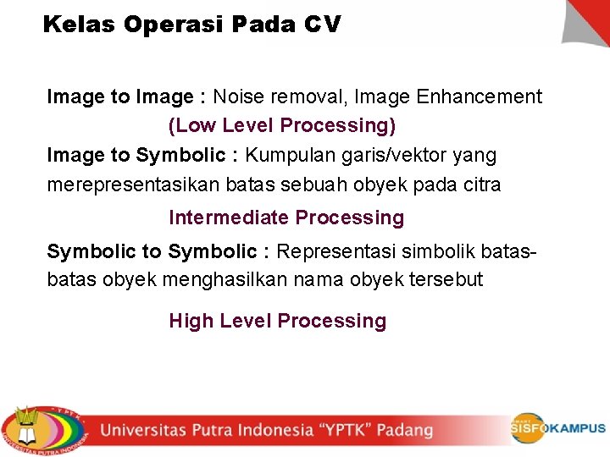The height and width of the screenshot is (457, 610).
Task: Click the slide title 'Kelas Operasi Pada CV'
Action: (191, 25)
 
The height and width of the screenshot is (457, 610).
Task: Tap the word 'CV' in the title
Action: (322, 25)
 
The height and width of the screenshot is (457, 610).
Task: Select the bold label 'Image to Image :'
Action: (126, 97)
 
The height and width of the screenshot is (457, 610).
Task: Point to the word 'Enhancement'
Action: (480, 97)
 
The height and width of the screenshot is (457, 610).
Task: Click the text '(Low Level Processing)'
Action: (282, 126)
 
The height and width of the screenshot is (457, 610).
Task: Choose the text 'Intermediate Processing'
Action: (286, 218)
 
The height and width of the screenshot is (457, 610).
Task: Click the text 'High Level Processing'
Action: (278, 322)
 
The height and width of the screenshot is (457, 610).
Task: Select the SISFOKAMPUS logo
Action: (557, 428)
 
